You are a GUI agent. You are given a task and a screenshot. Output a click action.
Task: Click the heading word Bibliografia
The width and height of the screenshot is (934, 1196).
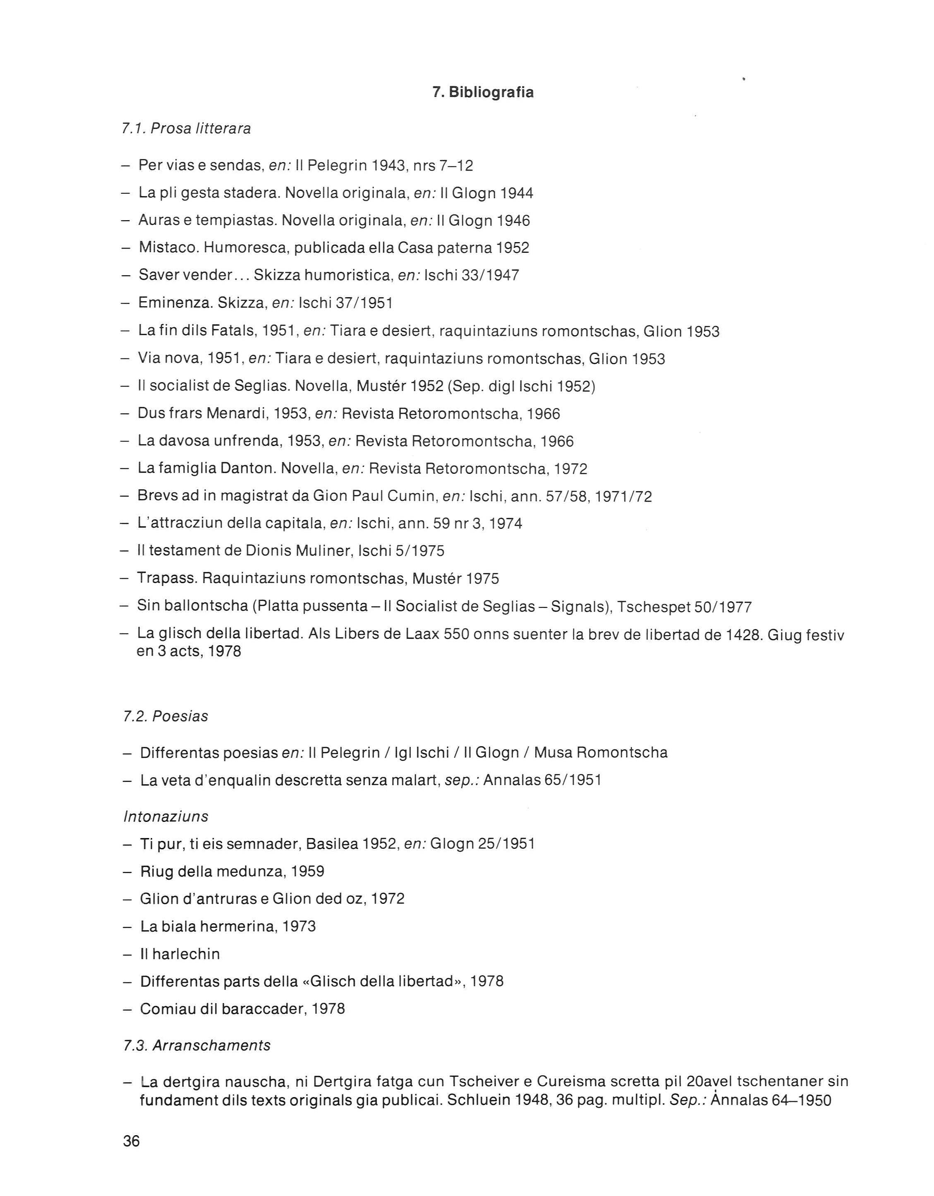click(491, 93)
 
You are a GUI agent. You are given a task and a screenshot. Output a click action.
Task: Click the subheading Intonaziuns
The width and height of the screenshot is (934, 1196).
click(166, 817)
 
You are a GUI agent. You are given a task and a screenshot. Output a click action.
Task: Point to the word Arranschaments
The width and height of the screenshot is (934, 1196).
click(211, 1045)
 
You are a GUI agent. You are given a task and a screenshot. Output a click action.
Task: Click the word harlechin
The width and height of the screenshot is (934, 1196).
click(186, 954)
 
